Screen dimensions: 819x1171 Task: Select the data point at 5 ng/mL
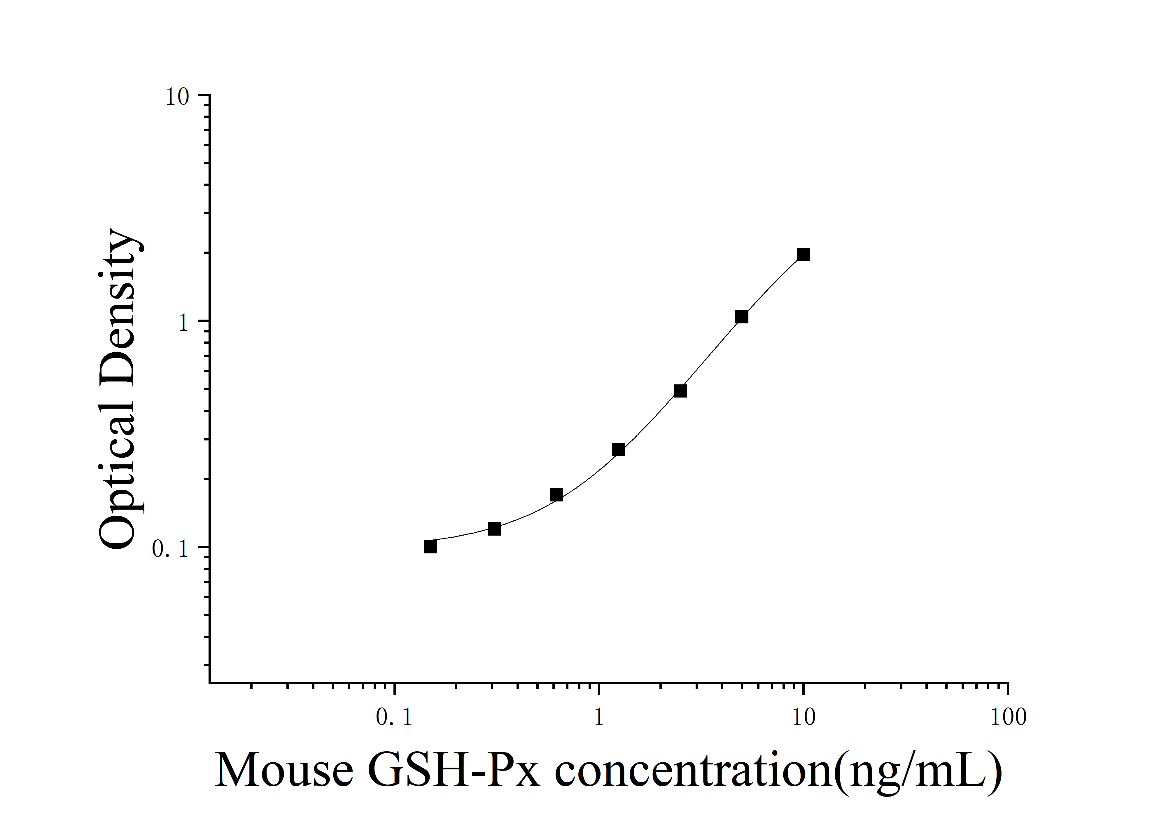(x=742, y=317)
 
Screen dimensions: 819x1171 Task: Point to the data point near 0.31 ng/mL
(x=495, y=529)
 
